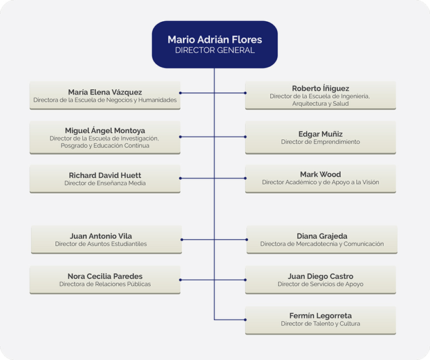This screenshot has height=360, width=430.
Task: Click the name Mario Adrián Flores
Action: [x=215, y=40]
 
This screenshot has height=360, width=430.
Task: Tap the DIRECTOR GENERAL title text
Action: [x=215, y=50]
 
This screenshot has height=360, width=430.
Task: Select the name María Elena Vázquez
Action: [x=105, y=92]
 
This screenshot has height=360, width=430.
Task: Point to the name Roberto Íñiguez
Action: [x=320, y=89]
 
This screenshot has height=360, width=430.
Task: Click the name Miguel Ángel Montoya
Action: [x=105, y=130]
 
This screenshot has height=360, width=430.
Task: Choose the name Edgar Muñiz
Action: [x=320, y=134]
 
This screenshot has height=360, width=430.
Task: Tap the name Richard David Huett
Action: [x=105, y=175]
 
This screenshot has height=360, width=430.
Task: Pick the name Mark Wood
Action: [x=320, y=175]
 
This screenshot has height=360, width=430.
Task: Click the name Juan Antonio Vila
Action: [x=101, y=236]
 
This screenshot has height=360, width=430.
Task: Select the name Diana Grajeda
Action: [x=322, y=236]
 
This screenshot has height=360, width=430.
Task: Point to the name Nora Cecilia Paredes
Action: [x=105, y=276]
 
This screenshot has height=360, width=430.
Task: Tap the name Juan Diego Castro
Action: [x=320, y=276]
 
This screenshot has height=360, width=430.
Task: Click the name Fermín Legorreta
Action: [x=320, y=316]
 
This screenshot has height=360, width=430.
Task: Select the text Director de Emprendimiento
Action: [x=320, y=142]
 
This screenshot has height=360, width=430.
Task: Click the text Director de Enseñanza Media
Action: [x=105, y=183]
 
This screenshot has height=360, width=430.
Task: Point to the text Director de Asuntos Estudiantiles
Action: [x=101, y=244]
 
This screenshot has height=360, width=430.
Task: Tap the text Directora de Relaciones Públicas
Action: [x=105, y=284]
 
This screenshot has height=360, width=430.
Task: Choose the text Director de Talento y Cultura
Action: [x=320, y=323]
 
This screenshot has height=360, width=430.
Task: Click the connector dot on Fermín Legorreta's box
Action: [x=245, y=320]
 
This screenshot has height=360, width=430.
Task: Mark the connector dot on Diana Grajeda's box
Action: [x=247, y=239]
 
